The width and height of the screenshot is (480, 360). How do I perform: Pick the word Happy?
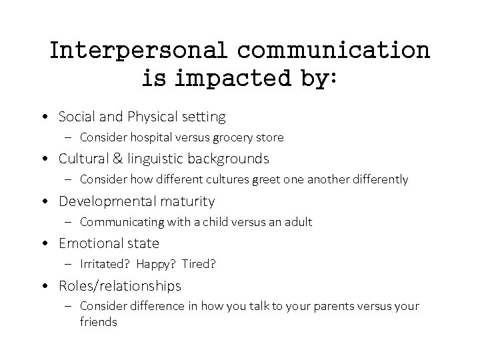[x=155, y=264]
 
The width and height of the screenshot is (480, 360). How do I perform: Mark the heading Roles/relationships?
[x=120, y=285]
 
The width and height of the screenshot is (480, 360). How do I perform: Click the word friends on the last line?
[x=99, y=321]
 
